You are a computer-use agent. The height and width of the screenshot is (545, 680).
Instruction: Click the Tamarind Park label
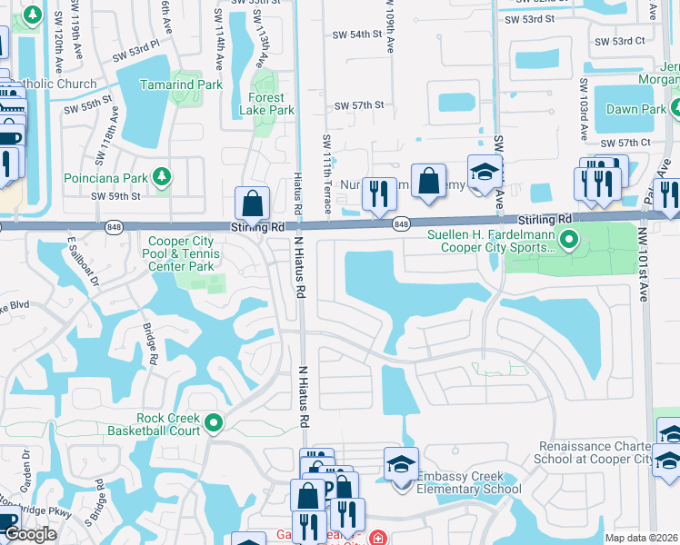(181, 84)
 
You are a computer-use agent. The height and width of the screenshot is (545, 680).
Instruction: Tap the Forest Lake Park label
(271, 104)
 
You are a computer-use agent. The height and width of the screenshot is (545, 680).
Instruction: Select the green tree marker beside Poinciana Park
(162, 176)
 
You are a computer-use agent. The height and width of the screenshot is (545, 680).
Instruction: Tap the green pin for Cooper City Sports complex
(569, 240)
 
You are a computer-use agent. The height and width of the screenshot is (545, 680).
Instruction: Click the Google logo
(30, 534)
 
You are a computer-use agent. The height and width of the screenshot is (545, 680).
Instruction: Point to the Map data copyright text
(642, 538)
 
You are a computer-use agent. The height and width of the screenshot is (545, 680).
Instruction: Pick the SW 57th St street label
(359, 105)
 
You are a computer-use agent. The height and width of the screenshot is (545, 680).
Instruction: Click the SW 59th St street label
(115, 195)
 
